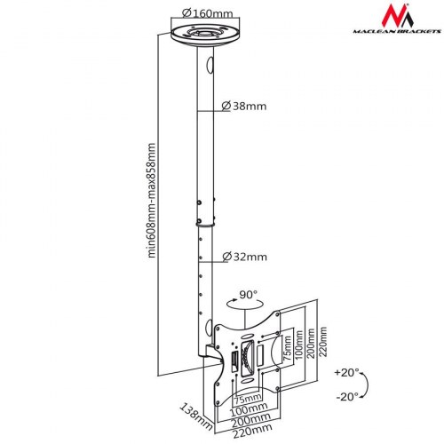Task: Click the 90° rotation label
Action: [x=248, y=294]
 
